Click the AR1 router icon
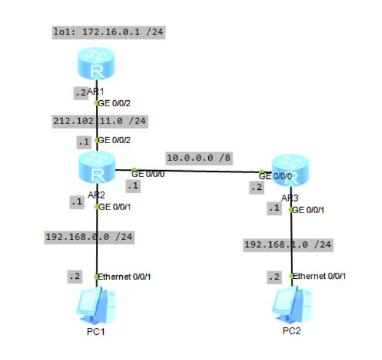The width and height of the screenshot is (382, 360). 96,66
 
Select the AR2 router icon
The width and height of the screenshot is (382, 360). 96,169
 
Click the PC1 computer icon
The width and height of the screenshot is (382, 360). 96,307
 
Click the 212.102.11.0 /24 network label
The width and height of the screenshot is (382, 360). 99,121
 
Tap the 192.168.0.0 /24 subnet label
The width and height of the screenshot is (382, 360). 90,237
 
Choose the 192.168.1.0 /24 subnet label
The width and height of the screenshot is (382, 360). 288,245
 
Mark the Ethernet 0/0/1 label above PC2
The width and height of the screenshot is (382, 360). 319,276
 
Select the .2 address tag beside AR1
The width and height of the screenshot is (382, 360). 80,93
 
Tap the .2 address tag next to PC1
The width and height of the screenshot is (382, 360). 74,277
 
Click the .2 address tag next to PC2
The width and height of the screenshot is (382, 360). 273,277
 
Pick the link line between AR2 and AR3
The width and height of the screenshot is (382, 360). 197,171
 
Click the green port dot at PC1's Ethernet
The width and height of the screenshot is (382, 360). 96,277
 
